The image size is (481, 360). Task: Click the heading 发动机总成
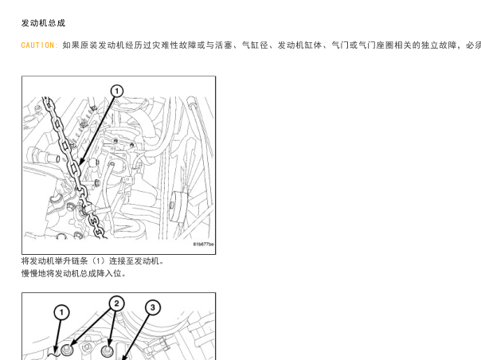[x=43, y=23]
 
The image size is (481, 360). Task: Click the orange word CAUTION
[x=38, y=45]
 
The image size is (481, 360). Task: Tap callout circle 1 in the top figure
[x=116, y=91]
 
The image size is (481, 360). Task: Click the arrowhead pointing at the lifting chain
[x=81, y=161]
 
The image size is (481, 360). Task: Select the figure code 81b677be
[x=203, y=245]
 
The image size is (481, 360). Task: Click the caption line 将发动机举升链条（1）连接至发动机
[x=92, y=261]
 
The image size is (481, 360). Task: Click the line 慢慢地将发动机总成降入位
[x=73, y=273]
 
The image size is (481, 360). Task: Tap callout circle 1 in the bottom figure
[x=61, y=312]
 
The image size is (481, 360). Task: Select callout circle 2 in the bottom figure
[x=116, y=303]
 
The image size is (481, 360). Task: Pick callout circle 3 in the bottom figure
[x=153, y=307]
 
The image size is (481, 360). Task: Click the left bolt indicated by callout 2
[x=67, y=350]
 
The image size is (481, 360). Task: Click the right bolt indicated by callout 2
[x=107, y=350]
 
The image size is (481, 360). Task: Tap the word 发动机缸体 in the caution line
[x=299, y=45]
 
